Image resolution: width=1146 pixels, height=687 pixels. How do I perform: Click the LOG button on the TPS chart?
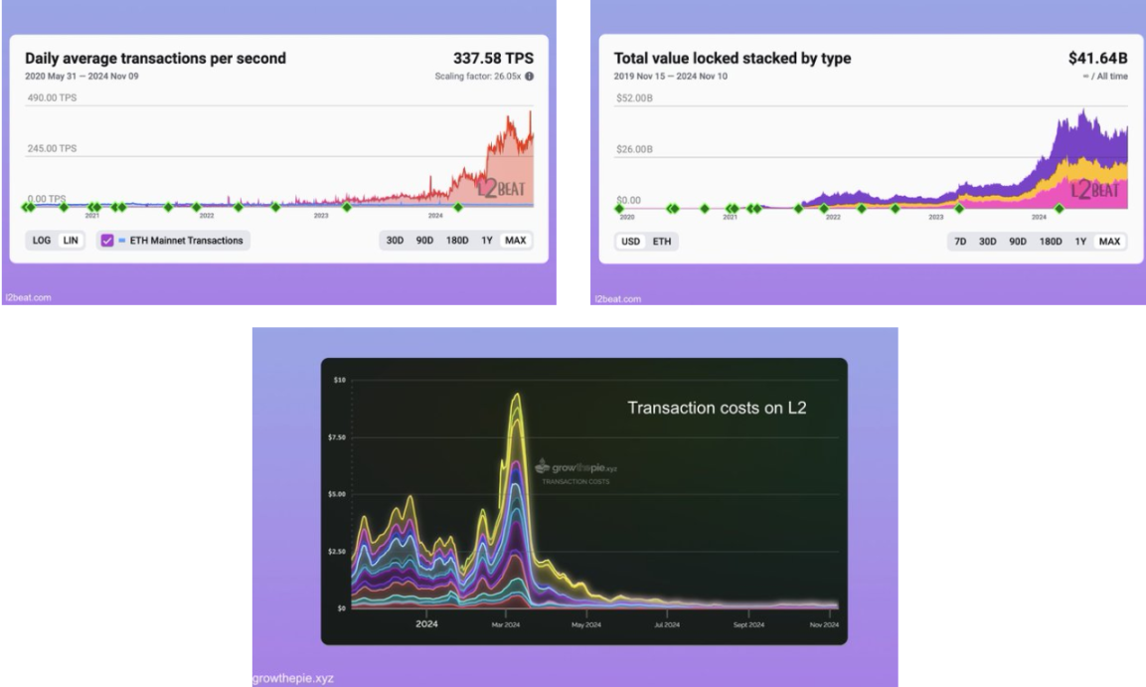tap(42, 240)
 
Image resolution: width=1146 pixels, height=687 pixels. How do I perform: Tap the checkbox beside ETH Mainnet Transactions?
tap(108, 240)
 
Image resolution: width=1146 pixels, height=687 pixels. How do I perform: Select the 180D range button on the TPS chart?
tap(457, 240)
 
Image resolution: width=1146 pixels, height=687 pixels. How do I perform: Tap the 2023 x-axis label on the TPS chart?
tap(321, 215)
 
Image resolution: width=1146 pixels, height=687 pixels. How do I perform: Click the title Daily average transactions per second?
tap(155, 59)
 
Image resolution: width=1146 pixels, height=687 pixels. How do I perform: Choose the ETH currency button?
tap(661, 242)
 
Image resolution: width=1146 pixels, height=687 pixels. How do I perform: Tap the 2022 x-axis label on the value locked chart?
tap(832, 216)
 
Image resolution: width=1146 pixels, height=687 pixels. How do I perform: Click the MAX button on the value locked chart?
tap(1109, 242)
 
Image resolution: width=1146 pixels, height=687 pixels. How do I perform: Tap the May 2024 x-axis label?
tap(585, 624)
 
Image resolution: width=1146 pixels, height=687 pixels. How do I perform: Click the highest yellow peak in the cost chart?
tap(517, 396)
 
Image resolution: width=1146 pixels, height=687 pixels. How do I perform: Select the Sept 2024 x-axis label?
tap(749, 624)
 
